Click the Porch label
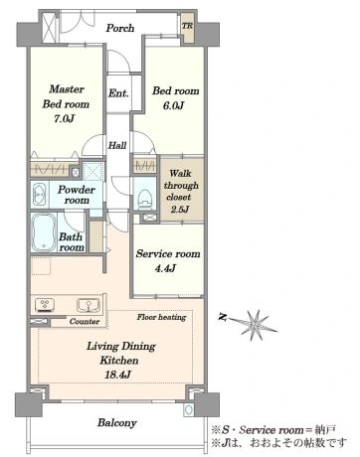120,28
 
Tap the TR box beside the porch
188,28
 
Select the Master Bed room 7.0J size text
64,118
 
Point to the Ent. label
118,93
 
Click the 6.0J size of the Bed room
173,106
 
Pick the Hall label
117,145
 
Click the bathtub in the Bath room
44,231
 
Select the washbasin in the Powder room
39,194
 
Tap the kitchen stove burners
45,305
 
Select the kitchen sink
89,305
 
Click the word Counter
85,322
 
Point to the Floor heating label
161,317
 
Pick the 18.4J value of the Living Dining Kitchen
117,375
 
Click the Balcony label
117,423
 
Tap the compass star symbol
256,325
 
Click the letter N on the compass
222,317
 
